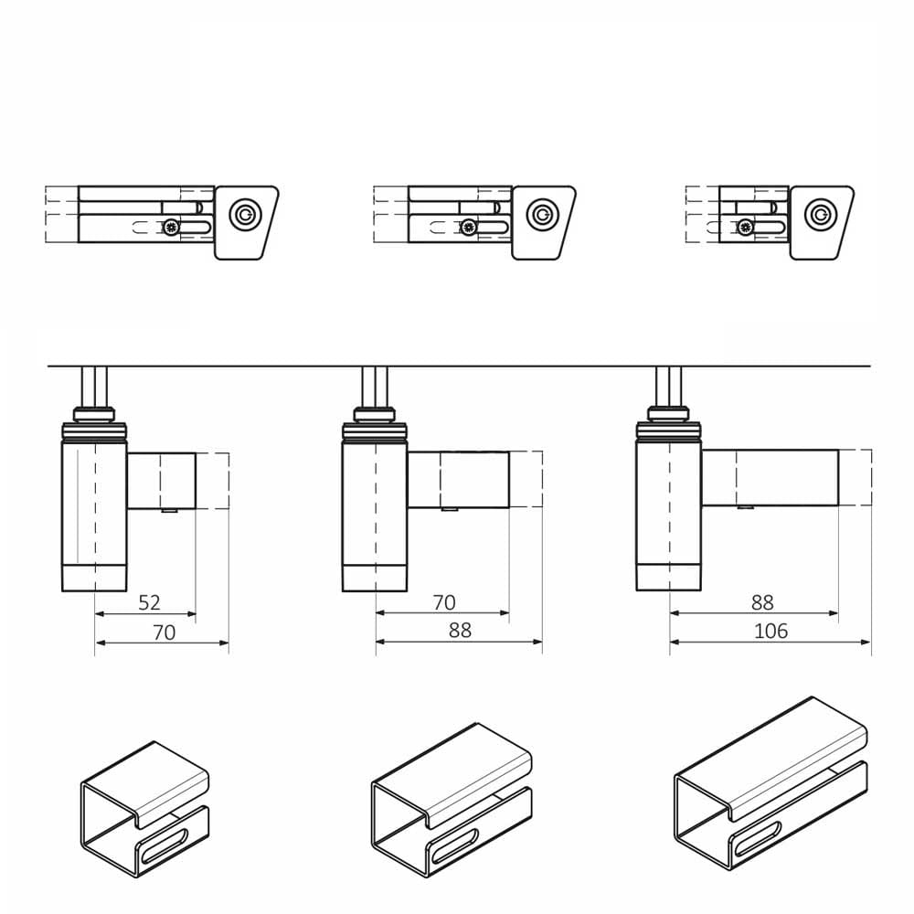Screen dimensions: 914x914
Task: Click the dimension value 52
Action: click(x=149, y=602)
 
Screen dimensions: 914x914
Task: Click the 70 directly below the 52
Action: click(x=164, y=632)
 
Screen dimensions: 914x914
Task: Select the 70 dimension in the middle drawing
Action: click(x=444, y=602)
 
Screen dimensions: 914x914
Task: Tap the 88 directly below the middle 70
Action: click(x=460, y=630)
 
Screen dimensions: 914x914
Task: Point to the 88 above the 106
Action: click(x=762, y=602)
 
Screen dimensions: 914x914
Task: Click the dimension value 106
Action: click(x=771, y=631)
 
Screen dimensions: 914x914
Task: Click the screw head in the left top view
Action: click(x=171, y=228)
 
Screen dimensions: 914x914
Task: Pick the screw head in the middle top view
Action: click(x=468, y=228)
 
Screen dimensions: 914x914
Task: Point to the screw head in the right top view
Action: click(x=745, y=228)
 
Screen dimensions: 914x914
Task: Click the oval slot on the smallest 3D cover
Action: click(x=164, y=847)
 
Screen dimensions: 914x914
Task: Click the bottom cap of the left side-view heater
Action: click(x=94, y=578)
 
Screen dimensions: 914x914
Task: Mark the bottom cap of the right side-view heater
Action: click(x=669, y=577)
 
